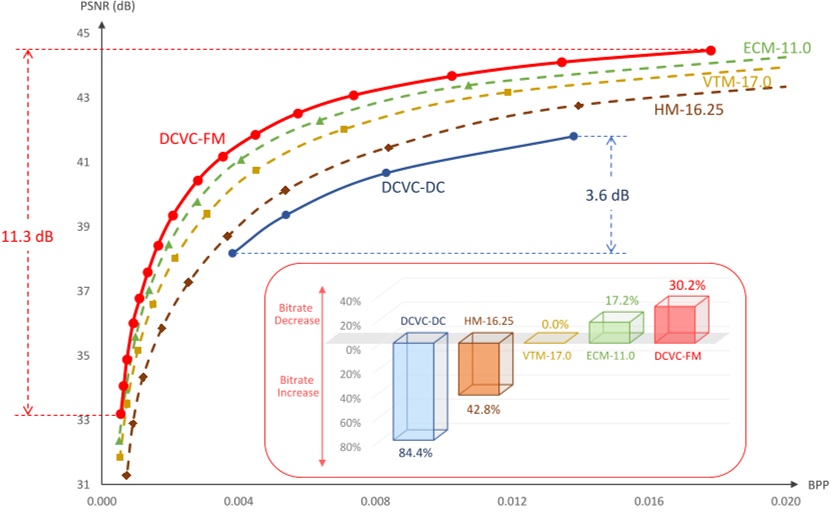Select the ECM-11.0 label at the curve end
[777, 47]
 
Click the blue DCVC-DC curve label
[413, 185]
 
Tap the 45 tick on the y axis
[83, 34]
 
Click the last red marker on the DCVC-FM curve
[711, 50]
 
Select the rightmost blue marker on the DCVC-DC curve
[573, 136]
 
